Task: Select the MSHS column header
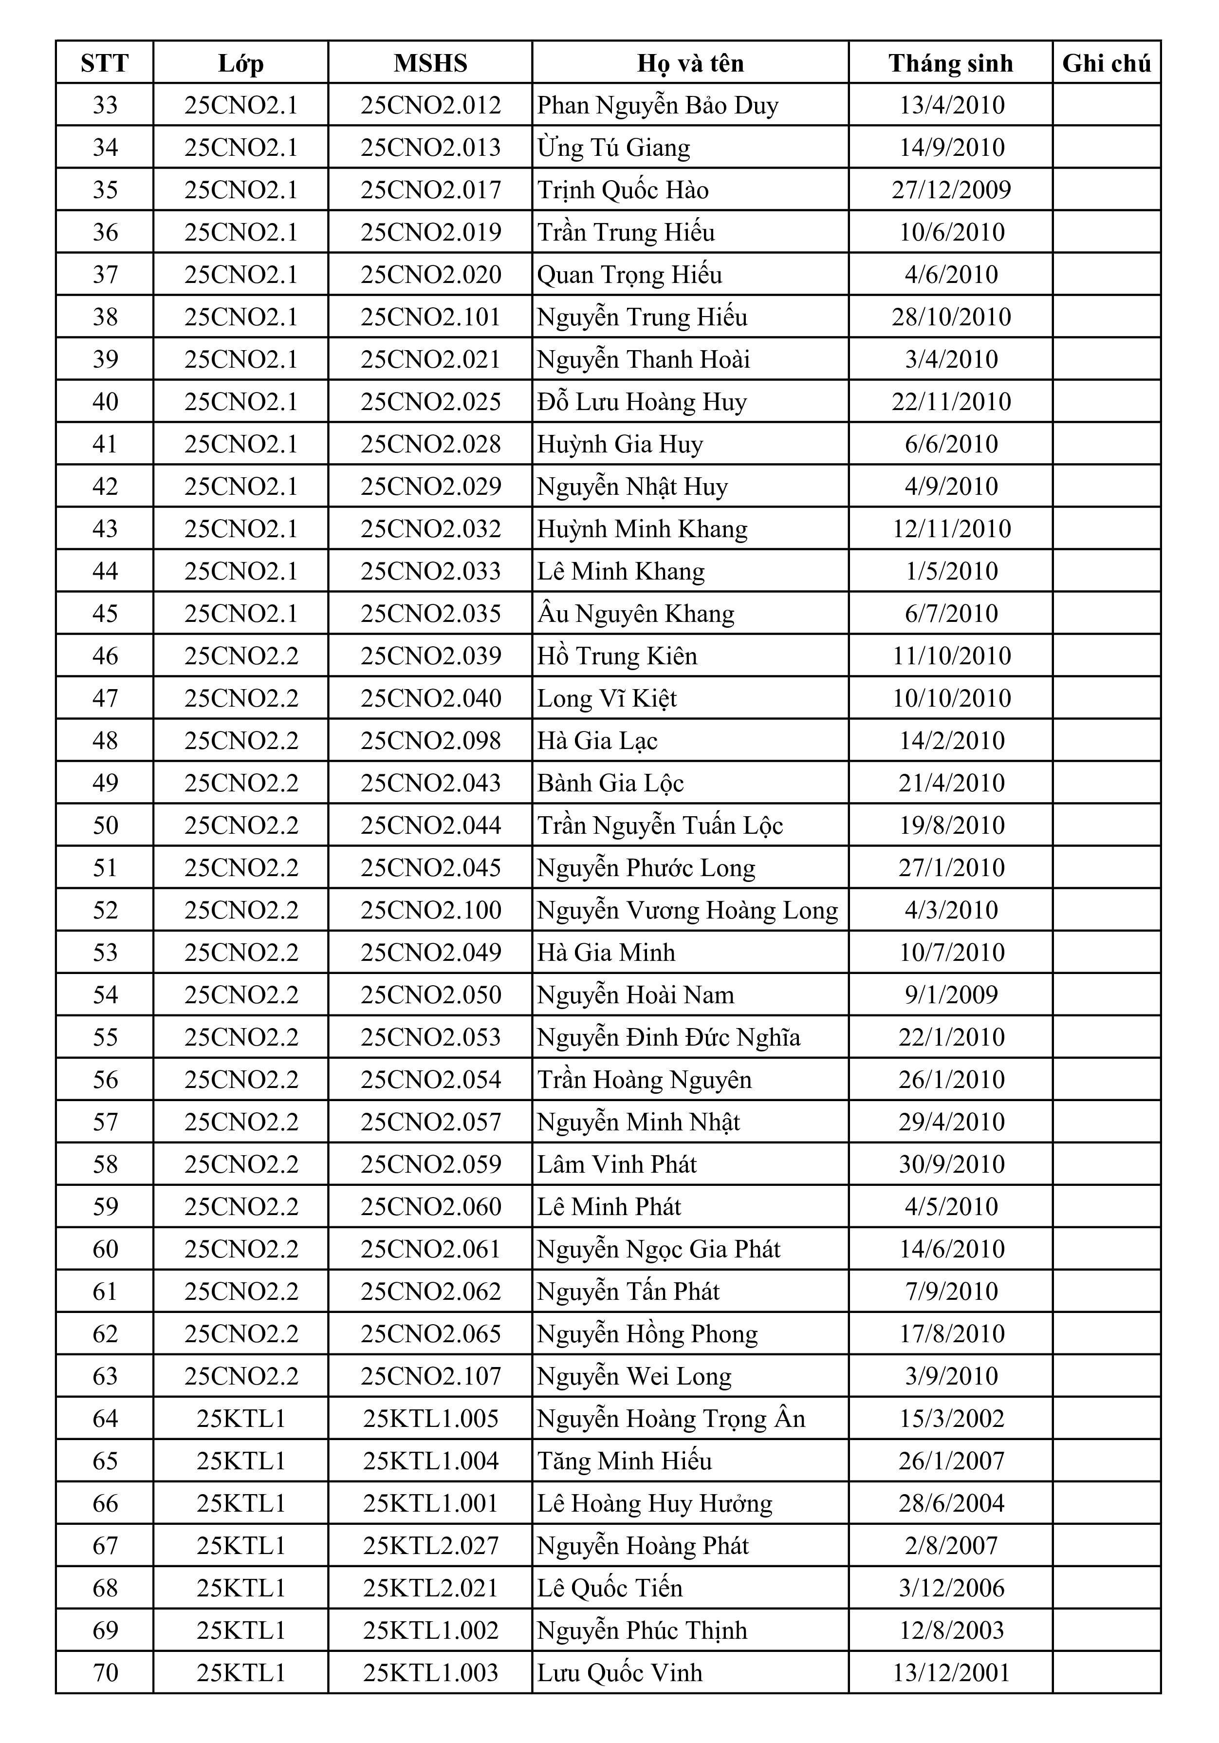(x=430, y=63)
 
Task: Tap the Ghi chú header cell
(x=1106, y=63)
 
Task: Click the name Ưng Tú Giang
(x=613, y=147)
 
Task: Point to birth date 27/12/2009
(x=951, y=190)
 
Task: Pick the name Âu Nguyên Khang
(x=635, y=614)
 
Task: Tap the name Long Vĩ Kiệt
(x=607, y=698)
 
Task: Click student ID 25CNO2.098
(x=430, y=741)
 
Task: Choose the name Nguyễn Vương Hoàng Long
(x=687, y=910)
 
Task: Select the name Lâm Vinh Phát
(x=616, y=1164)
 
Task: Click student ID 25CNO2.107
(x=430, y=1376)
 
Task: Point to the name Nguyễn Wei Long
(x=634, y=1376)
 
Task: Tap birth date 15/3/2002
(x=951, y=1419)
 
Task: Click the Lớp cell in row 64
(x=240, y=1419)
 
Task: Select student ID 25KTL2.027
(x=430, y=1546)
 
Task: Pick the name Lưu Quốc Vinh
(x=619, y=1673)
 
